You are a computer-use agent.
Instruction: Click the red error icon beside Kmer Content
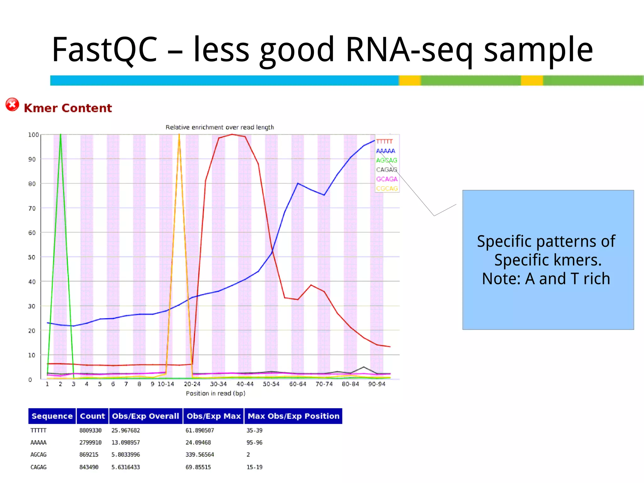[x=12, y=105]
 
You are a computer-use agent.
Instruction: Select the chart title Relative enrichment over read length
[x=219, y=127]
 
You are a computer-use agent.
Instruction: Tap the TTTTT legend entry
[x=384, y=142]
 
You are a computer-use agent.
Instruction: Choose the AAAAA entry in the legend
[x=386, y=151]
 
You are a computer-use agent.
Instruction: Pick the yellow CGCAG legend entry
[x=387, y=188]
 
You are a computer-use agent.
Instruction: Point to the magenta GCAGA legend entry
[x=387, y=179]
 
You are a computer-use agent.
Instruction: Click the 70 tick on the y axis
[x=32, y=208]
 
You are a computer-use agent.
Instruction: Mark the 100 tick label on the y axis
[x=33, y=135]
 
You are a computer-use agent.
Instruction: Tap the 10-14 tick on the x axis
[x=166, y=384]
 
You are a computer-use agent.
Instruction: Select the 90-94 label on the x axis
[x=377, y=384]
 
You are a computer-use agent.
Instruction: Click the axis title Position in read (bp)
[x=215, y=393]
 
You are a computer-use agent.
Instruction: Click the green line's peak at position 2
[x=60, y=135]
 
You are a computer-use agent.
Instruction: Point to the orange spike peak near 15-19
[x=179, y=135]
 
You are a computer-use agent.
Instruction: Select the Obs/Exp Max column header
[x=214, y=416]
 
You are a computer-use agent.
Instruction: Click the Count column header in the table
[x=92, y=416]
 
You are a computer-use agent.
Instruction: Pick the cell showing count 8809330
[x=90, y=430]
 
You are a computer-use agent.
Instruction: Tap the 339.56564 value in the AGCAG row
[x=200, y=455]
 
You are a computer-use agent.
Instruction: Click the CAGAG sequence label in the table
[x=38, y=467]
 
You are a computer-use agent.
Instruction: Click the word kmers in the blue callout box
[x=577, y=260]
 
